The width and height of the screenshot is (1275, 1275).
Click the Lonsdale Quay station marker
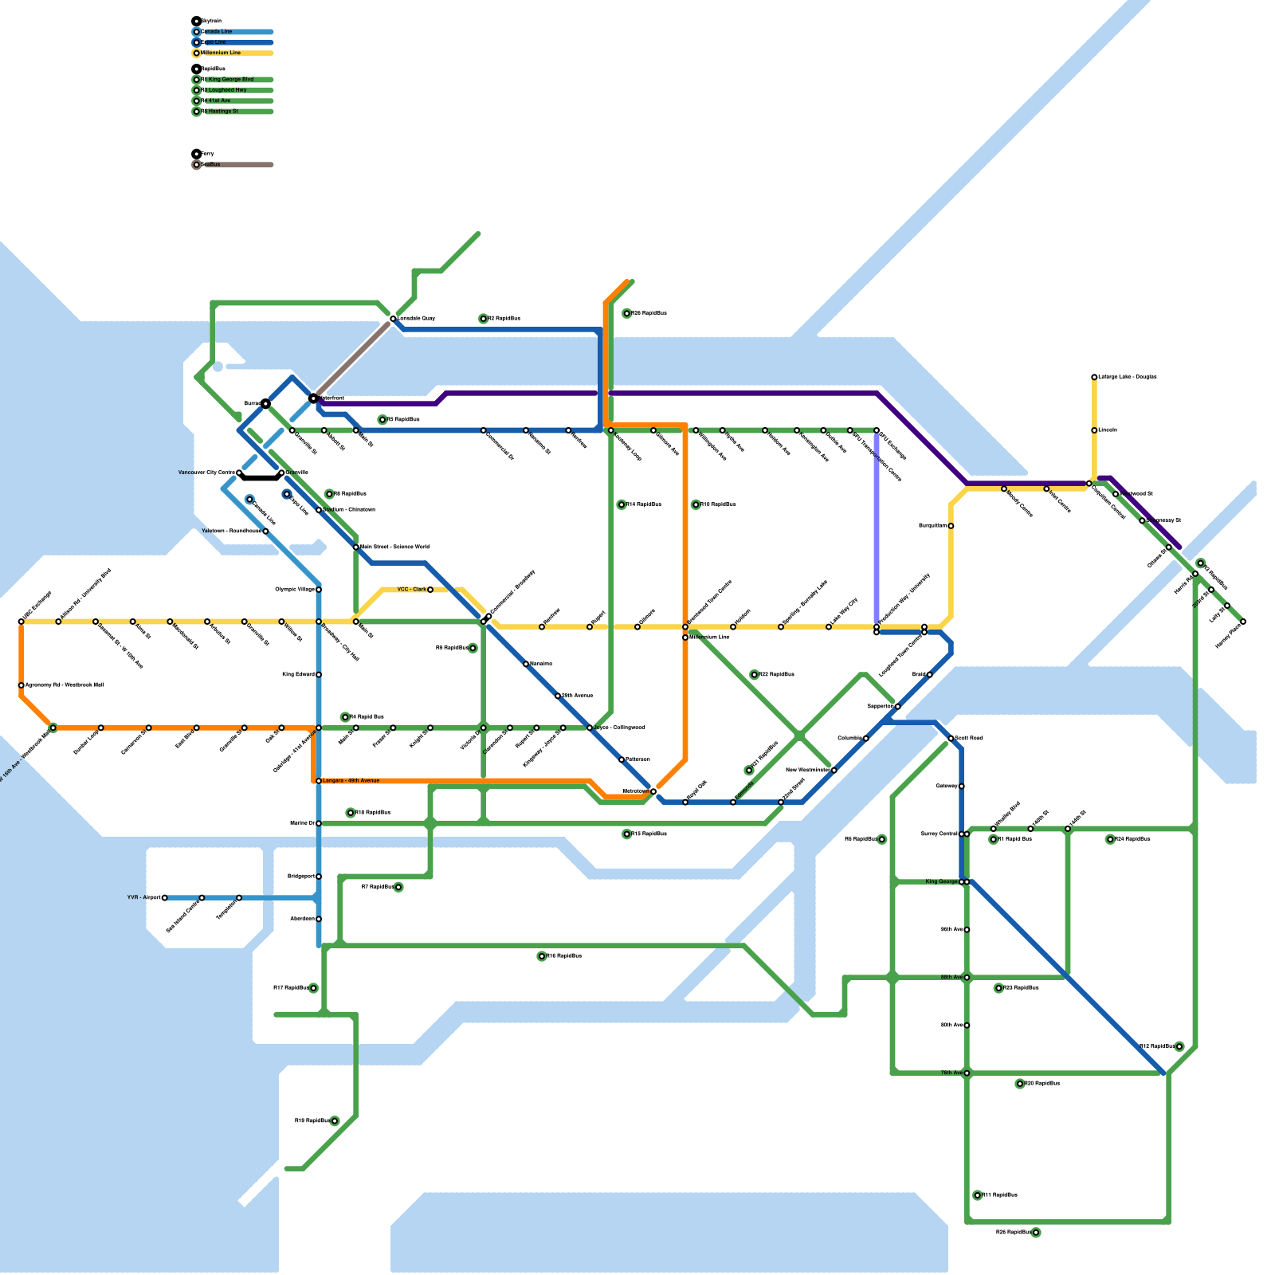[393, 319]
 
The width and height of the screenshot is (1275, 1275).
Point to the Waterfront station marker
[313, 398]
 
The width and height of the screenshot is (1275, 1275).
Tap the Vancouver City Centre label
[206, 473]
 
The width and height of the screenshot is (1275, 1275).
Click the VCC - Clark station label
[411, 590]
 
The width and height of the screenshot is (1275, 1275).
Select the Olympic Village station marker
[319, 590]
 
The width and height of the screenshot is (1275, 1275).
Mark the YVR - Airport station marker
[165, 898]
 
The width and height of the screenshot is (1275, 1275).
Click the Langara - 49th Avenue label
[351, 781]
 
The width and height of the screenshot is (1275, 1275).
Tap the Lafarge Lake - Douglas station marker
[1094, 377]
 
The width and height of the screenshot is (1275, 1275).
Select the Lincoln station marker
[1094, 430]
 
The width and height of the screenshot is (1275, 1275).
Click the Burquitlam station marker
[951, 526]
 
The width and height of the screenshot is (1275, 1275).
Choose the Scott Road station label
[970, 739]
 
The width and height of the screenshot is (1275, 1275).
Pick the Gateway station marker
[962, 787]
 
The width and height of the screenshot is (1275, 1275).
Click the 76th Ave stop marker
[967, 1073]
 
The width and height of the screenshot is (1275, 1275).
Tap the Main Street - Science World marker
[356, 547]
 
